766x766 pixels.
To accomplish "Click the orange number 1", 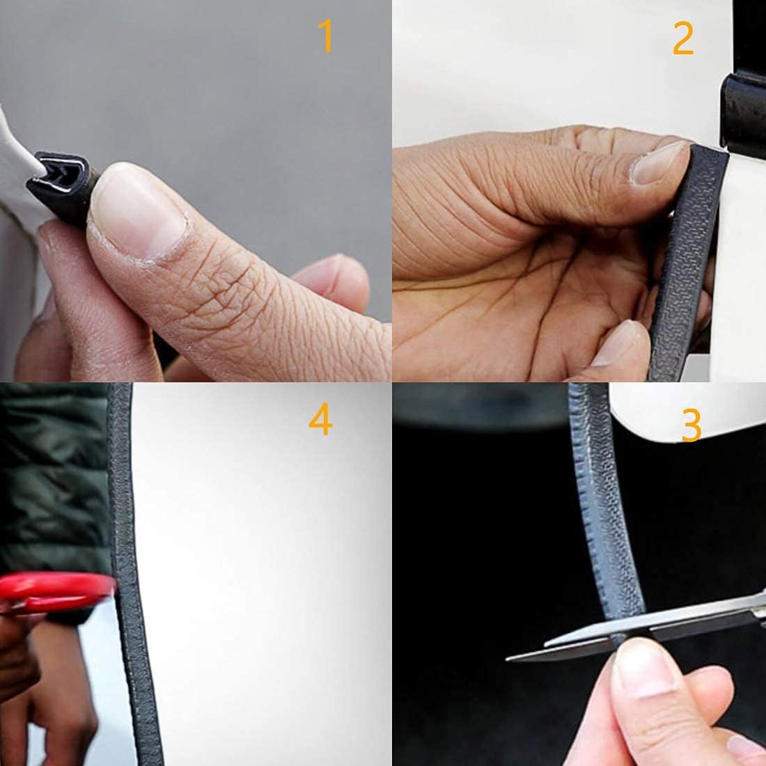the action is coord(326,36).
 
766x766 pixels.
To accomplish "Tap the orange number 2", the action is coord(683,38).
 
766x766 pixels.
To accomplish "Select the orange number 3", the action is coord(691,425).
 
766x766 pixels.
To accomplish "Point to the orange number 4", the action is coord(320,419).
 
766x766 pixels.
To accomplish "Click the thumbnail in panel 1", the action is coord(139,212).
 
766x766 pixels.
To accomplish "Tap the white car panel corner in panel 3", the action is coord(684,410).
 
